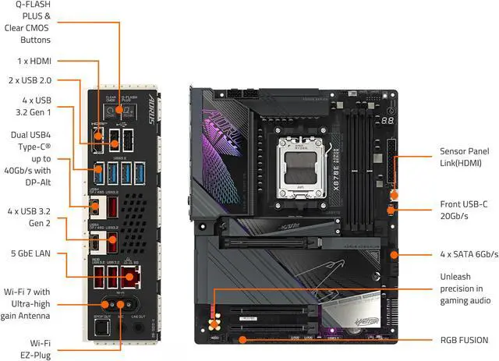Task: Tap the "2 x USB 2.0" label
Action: click(29, 80)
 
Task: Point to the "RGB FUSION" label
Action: click(464, 340)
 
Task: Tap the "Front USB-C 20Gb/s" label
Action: click(464, 211)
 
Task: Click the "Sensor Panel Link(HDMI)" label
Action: click(464, 159)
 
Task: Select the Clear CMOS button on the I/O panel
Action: click(111, 101)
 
